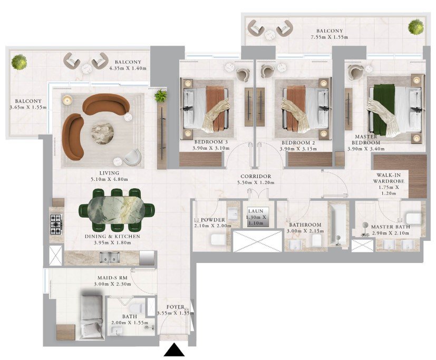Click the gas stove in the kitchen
click(x=56, y=224)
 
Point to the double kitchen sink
click(x=110, y=258)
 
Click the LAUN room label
click(x=256, y=211)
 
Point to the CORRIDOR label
click(x=256, y=176)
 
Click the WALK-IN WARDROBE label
click(x=389, y=178)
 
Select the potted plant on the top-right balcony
click(x=416, y=27)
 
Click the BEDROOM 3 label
click(x=211, y=142)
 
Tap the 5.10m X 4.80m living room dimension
click(x=110, y=179)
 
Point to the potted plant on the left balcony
click(x=19, y=62)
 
